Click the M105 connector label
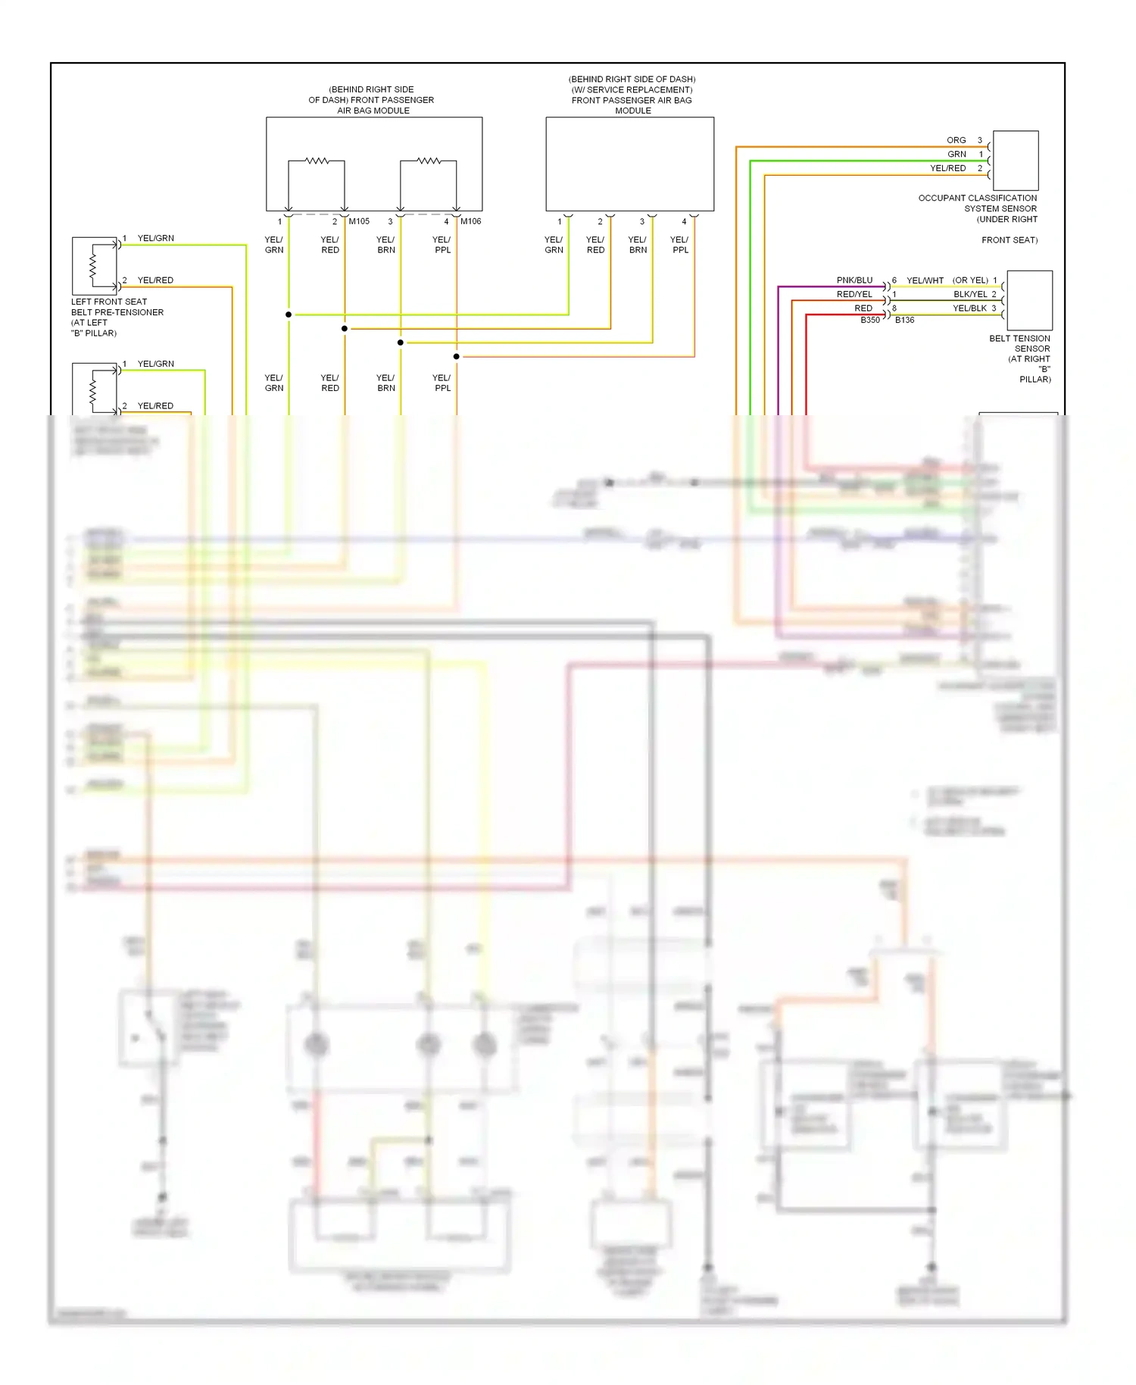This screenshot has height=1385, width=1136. point(359,221)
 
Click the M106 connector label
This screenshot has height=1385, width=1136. point(470,221)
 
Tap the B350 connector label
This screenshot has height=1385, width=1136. point(870,320)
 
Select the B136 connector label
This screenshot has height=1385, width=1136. point(904,320)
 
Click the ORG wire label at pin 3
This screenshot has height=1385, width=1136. point(956,140)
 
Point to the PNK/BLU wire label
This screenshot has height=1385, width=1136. point(854,280)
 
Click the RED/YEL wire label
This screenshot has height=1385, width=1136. point(854,294)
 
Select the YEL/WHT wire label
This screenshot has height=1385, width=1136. point(925,280)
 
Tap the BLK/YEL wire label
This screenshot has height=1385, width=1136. point(969,294)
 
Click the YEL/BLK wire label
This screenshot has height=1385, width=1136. point(969,308)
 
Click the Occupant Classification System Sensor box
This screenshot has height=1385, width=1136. point(1015,161)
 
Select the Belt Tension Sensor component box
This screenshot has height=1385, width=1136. point(1029,300)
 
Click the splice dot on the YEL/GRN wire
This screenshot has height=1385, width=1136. point(289,314)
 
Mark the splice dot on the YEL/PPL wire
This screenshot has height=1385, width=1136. point(457,356)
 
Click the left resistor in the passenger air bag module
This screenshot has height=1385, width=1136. point(317,161)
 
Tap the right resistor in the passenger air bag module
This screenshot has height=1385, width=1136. point(429,161)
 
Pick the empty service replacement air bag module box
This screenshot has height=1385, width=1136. point(629,164)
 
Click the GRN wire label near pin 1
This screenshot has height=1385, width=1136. point(957,154)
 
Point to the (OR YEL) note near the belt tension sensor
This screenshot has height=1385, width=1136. point(970,280)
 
